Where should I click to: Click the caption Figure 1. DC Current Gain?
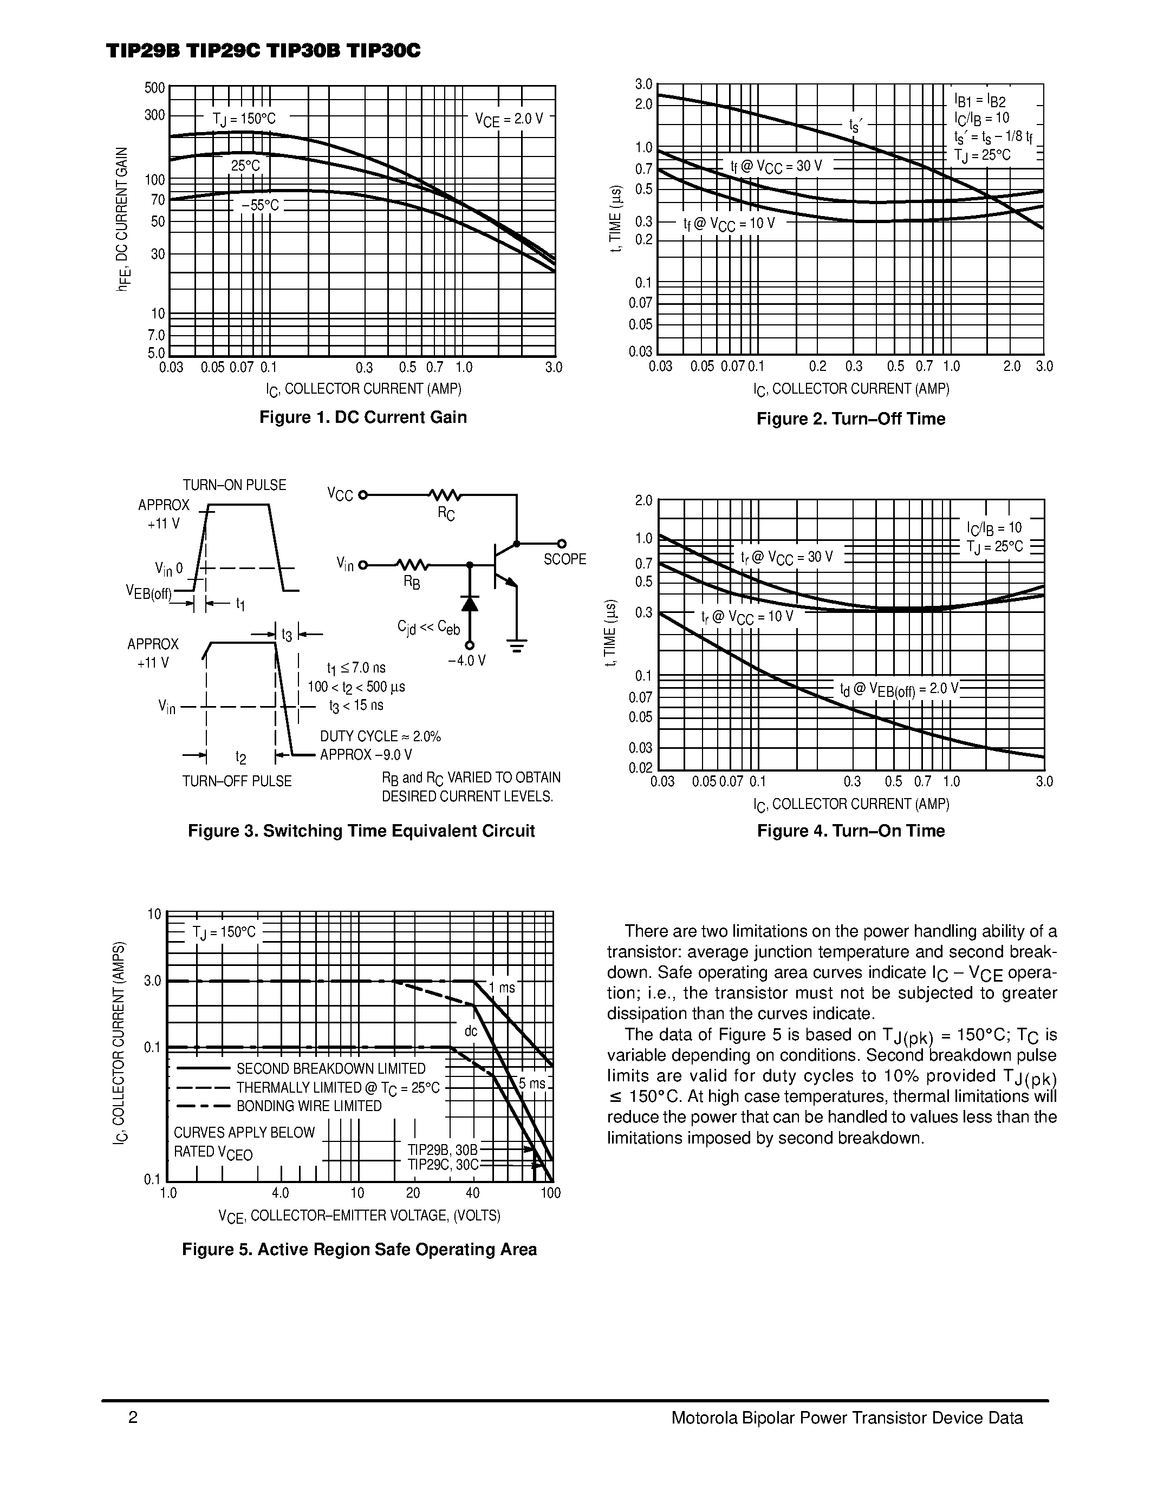tap(363, 417)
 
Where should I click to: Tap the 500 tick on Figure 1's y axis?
tap(155, 88)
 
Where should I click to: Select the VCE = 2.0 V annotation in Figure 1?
tap(509, 119)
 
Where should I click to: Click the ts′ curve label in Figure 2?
tap(855, 125)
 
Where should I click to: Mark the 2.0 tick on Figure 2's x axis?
tap(1012, 367)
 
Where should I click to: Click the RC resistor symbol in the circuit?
tap(445, 495)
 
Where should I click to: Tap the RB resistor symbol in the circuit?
tap(412, 565)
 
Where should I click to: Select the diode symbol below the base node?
tap(469, 603)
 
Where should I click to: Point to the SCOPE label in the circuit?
tap(564, 560)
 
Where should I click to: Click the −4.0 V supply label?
tap(466, 661)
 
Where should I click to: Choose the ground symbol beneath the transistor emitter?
tap(517, 645)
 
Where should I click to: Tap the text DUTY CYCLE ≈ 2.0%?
tap(380, 736)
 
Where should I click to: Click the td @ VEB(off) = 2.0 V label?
tap(899, 689)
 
